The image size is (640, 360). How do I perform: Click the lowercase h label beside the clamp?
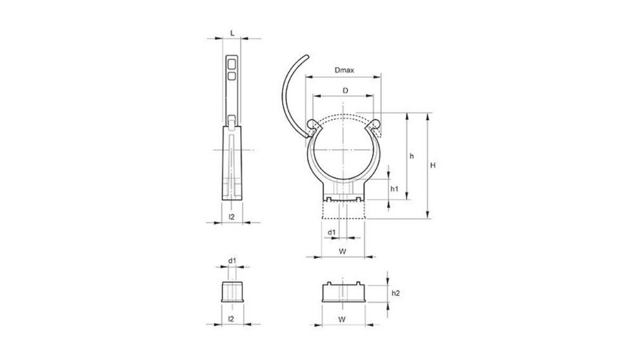coord(412,157)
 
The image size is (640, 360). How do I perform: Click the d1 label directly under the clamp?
coord(331,231)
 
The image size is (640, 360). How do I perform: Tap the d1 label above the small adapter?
coord(232,261)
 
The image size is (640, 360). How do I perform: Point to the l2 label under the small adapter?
coord(232,318)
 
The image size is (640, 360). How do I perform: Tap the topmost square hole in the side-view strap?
coord(232,63)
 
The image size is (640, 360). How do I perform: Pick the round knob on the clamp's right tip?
coord(375,123)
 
